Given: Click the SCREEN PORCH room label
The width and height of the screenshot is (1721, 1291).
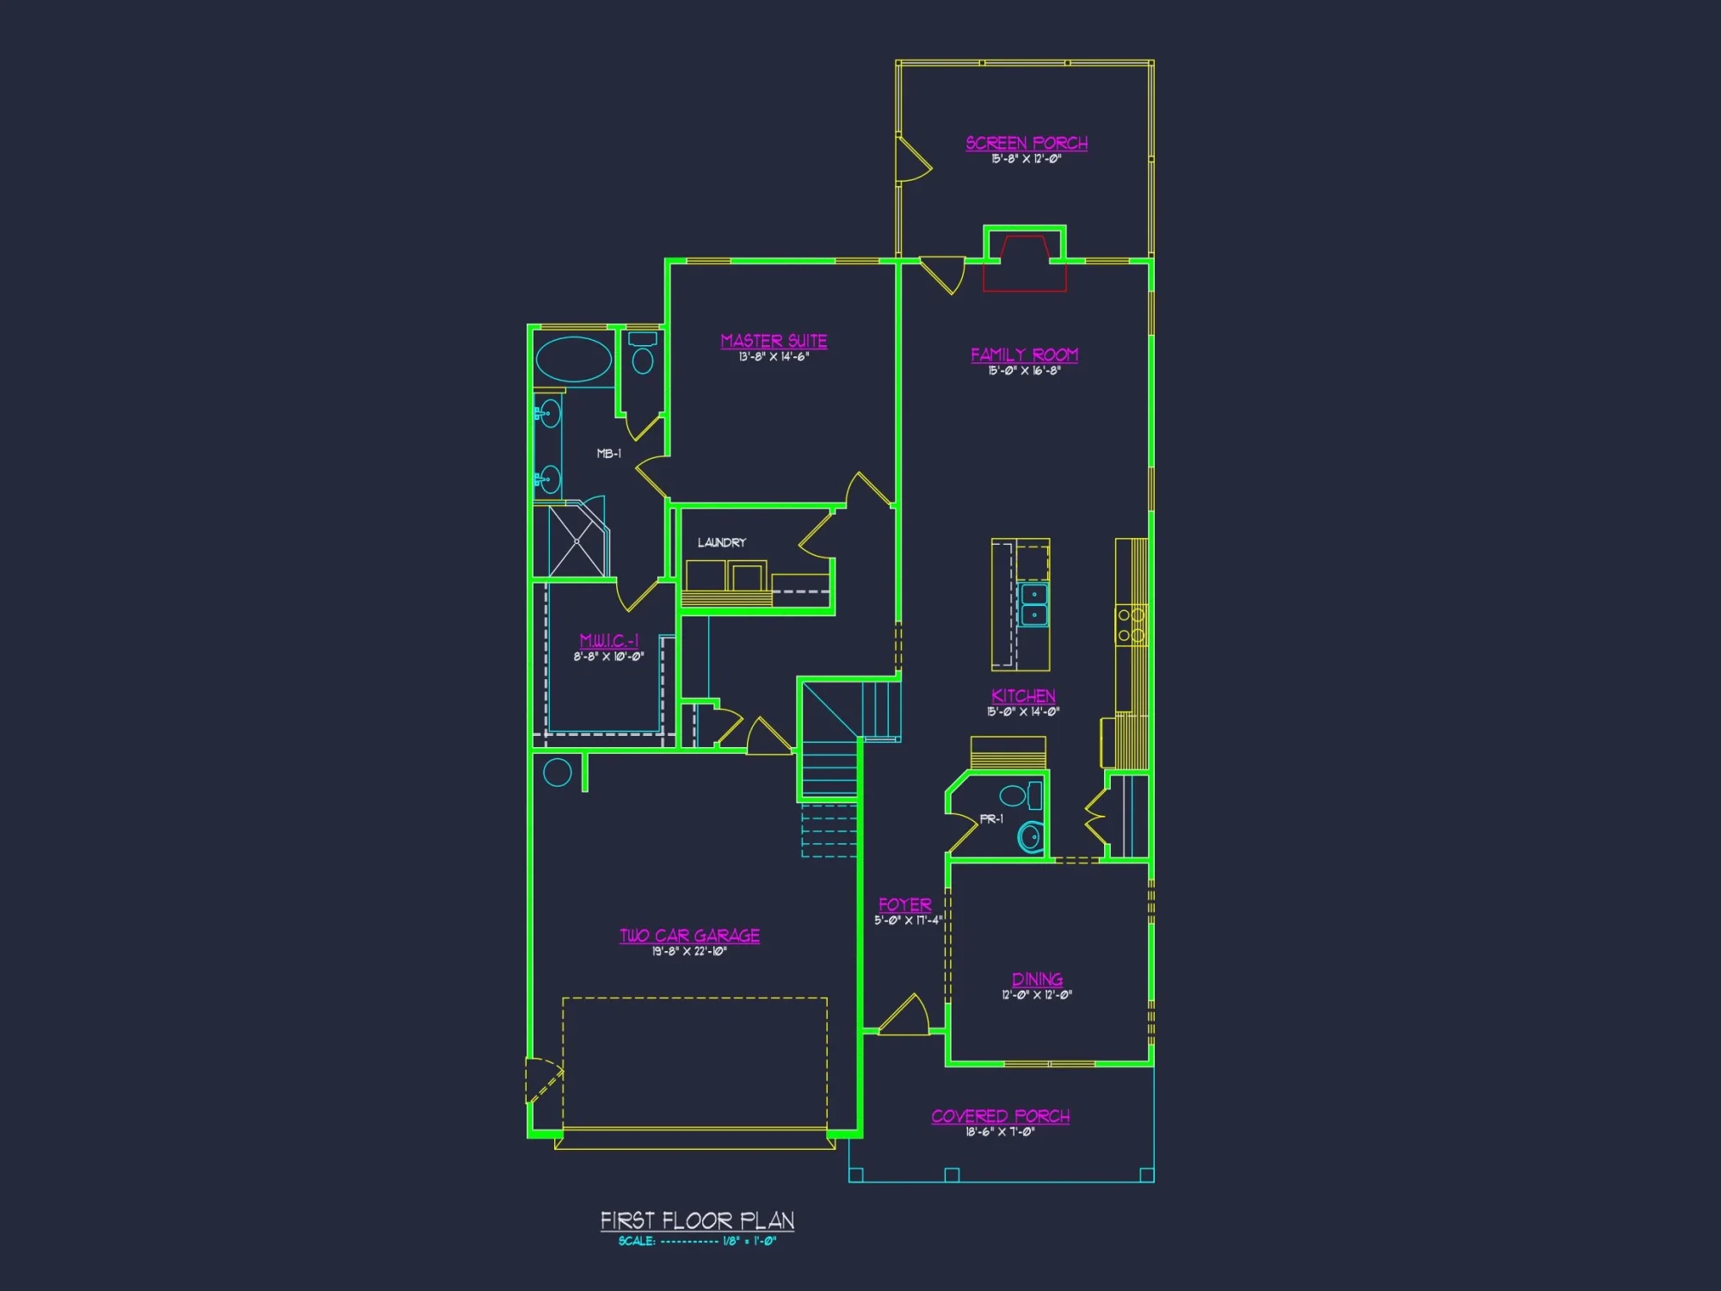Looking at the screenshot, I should tap(1026, 143).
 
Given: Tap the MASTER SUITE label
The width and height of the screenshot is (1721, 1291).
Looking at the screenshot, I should tap(774, 341).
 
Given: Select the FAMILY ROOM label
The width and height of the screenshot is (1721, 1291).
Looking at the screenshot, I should tap(1024, 355).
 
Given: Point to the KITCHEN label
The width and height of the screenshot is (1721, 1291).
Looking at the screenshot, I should tap(1023, 695).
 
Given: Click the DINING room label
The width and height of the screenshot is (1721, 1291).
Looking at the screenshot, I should tap(1037, 979).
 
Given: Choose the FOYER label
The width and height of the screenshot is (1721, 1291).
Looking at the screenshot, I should tap(904, 905).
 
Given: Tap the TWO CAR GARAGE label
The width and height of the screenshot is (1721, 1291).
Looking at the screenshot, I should tap(689, 936).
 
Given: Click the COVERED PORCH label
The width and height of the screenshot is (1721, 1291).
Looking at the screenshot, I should tap(1000, 1116).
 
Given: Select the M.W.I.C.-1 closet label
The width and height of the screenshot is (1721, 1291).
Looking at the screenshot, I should tap(608, 640).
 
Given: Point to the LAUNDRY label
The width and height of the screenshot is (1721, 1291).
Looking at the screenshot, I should tap(721, 542).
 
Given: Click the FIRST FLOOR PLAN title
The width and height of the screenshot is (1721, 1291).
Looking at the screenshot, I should tap(697, 1220).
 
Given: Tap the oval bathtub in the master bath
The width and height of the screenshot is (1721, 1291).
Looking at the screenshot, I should tap(574, 360).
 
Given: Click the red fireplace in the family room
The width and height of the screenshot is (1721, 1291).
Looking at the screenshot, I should tap(1024, 263).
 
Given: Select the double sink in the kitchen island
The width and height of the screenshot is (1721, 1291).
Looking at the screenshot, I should tap(1033, 604).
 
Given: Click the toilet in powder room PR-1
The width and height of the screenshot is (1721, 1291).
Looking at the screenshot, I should tap(1030, 836).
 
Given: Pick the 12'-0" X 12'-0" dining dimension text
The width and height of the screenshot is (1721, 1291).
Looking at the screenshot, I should tap(1037, 995).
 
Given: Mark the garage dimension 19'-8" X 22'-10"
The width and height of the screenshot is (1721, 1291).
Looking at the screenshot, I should tap(689, 951).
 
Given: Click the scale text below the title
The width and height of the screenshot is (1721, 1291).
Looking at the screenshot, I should tap(697, 1241).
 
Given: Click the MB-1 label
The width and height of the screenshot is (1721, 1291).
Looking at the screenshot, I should tap(608, 454).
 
